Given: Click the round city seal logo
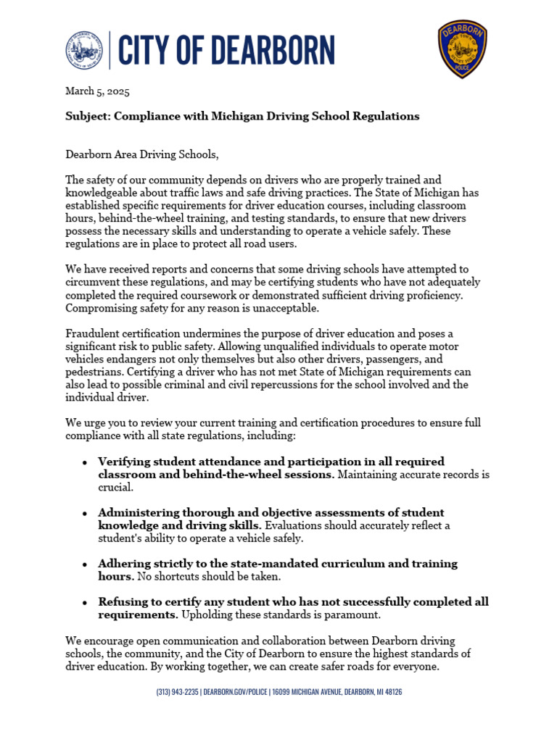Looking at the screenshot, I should coord(84,51).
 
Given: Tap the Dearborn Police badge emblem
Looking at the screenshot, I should coord(462,49).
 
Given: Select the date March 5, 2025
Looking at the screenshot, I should coord(98,91).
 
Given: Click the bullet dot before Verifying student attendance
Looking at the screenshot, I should coord(85,462).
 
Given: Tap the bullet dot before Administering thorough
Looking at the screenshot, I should coord(85,513).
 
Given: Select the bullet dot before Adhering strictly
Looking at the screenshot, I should coord(85,564).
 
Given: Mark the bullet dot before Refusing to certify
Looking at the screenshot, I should coord(85,602).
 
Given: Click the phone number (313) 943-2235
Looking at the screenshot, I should coord(177,692).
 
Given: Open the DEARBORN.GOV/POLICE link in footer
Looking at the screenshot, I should coord(235,692).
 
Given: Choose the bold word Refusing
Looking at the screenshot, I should coord(121,601).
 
